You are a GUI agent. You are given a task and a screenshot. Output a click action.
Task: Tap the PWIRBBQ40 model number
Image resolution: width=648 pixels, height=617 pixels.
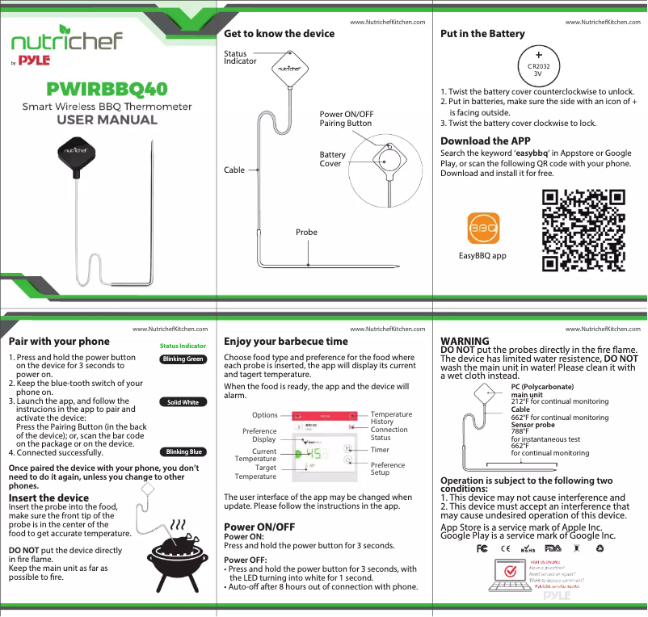tap(107, 87)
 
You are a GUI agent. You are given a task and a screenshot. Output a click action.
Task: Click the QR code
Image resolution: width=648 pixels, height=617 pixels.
tap(583, 230)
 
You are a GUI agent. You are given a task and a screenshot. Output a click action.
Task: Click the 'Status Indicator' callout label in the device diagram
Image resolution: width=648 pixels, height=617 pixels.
tap(240, 57)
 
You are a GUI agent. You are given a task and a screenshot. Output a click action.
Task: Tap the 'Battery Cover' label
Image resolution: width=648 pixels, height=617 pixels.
tap(332, 159)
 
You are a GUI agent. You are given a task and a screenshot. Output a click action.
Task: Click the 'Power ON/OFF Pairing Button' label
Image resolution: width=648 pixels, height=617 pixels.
tap(346, 119)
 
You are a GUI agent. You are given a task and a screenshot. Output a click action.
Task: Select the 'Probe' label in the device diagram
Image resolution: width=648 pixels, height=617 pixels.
tap(306, 232)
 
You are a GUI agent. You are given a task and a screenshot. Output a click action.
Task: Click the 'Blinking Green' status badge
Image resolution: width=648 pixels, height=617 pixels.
tap(183, 359)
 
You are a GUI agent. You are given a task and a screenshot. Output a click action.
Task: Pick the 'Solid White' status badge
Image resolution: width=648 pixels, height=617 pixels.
tap(183, 402)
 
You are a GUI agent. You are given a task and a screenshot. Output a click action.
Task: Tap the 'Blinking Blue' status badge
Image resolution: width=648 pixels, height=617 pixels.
tap(183, 452)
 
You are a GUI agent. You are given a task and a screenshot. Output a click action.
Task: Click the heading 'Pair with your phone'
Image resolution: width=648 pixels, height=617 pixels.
tap(58, 342)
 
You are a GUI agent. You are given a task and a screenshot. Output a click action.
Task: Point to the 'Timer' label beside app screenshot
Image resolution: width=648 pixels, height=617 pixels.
tap(380, 450)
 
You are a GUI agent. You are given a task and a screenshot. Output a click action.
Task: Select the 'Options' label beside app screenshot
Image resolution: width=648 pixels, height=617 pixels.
tap(264, 415)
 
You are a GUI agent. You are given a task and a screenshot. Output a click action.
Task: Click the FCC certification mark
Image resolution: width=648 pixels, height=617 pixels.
tap(481, 548)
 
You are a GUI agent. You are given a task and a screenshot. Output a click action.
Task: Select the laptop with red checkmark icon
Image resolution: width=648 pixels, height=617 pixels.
tap(510, 574)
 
